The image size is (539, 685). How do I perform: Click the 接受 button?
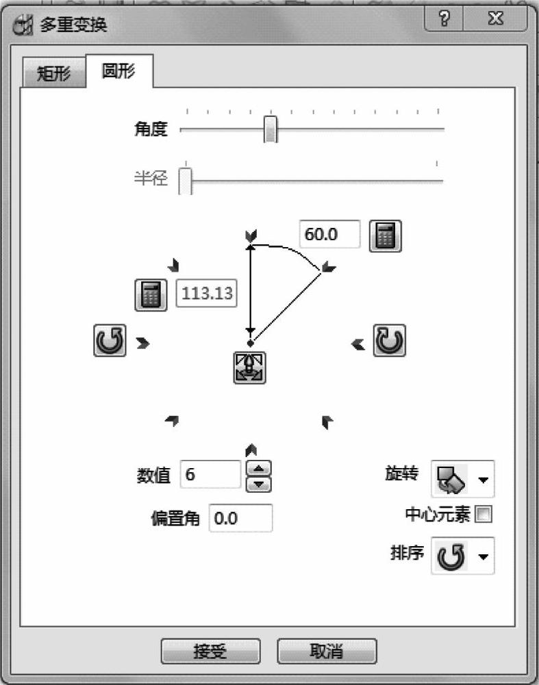[x=210, y=651]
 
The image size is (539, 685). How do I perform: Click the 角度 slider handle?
[x=271, y=129]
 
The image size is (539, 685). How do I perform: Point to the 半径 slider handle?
[x=185, y=181]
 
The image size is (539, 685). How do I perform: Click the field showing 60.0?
[x=329, y=235]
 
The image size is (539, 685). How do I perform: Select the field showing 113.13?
[x=207, y=294]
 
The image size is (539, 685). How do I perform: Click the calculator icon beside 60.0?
[x=385, y=236]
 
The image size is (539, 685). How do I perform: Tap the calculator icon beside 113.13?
[x=151, y=295]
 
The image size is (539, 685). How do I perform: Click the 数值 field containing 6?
[x=210, y=474]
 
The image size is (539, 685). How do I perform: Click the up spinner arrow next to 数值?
[x=258, y=469]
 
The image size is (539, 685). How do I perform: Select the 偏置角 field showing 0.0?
[x=240, y=519]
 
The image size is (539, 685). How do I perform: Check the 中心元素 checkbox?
[x=484, y=515]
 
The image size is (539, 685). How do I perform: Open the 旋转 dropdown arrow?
[x=484, y=480]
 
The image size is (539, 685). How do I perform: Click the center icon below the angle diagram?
[x=249, y=368]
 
